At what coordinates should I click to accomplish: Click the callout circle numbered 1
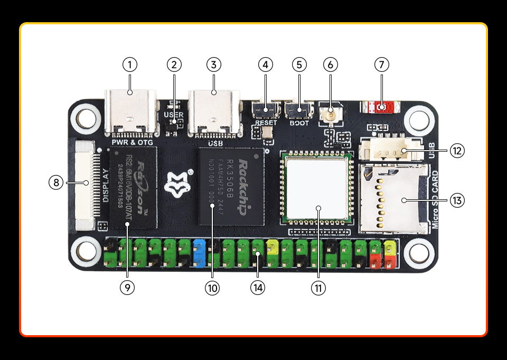click(x=129, y=64)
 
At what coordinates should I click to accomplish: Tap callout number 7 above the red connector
click(x=381, y=64)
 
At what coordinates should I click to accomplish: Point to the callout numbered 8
click(x=55, y=183)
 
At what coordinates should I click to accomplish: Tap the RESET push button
click(x=265, y=111)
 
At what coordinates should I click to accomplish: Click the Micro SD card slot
click(x=393, y=200)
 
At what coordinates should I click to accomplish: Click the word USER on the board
click(x=174, y=115)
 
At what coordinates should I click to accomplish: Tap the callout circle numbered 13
click(x=457, y=200)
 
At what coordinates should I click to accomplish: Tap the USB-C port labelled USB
click(x=214, y=112)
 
